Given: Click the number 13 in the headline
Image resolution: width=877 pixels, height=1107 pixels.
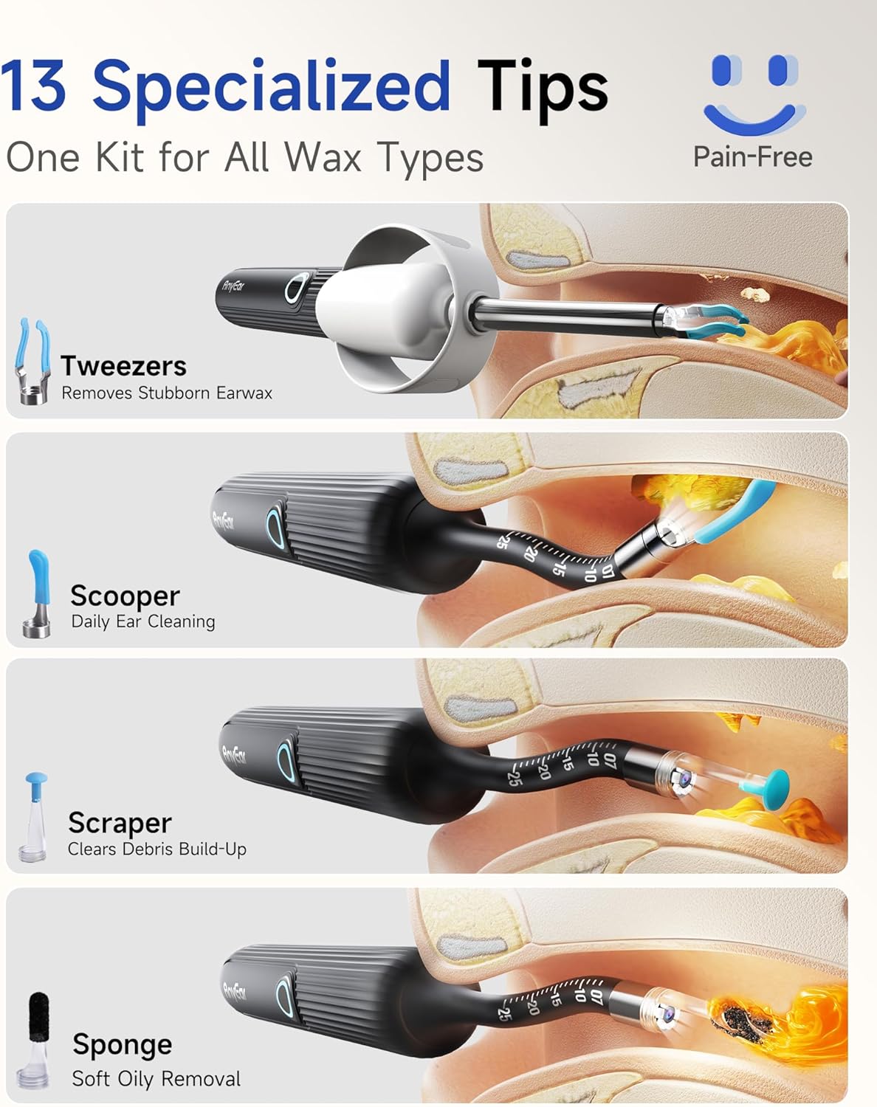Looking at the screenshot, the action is coord(33,85).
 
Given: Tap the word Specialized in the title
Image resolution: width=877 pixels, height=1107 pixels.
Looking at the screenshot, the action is coord(271,89).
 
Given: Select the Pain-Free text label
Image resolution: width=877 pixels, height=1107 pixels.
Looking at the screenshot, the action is coord(752,157).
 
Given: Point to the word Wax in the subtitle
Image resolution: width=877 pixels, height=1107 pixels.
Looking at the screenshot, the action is coord(323,157).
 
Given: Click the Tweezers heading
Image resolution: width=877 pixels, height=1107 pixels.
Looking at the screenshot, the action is coord(123,366).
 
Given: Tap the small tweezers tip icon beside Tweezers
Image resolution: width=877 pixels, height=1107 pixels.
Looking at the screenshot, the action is coord(33,360).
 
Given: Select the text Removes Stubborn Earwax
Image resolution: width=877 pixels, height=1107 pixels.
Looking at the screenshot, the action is coord(167,393).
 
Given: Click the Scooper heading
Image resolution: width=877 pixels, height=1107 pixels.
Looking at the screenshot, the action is coord(125,596).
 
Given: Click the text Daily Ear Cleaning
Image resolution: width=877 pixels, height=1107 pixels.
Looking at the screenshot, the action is coord(143,621).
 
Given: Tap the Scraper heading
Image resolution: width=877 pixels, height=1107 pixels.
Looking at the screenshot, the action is coord(120,823).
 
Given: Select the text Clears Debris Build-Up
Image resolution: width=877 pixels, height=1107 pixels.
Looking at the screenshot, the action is coord(157,849).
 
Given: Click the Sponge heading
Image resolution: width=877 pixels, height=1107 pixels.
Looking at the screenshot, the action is coord(123,1045).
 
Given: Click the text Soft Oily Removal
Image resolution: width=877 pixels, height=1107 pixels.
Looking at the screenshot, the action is coord(157,1078).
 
